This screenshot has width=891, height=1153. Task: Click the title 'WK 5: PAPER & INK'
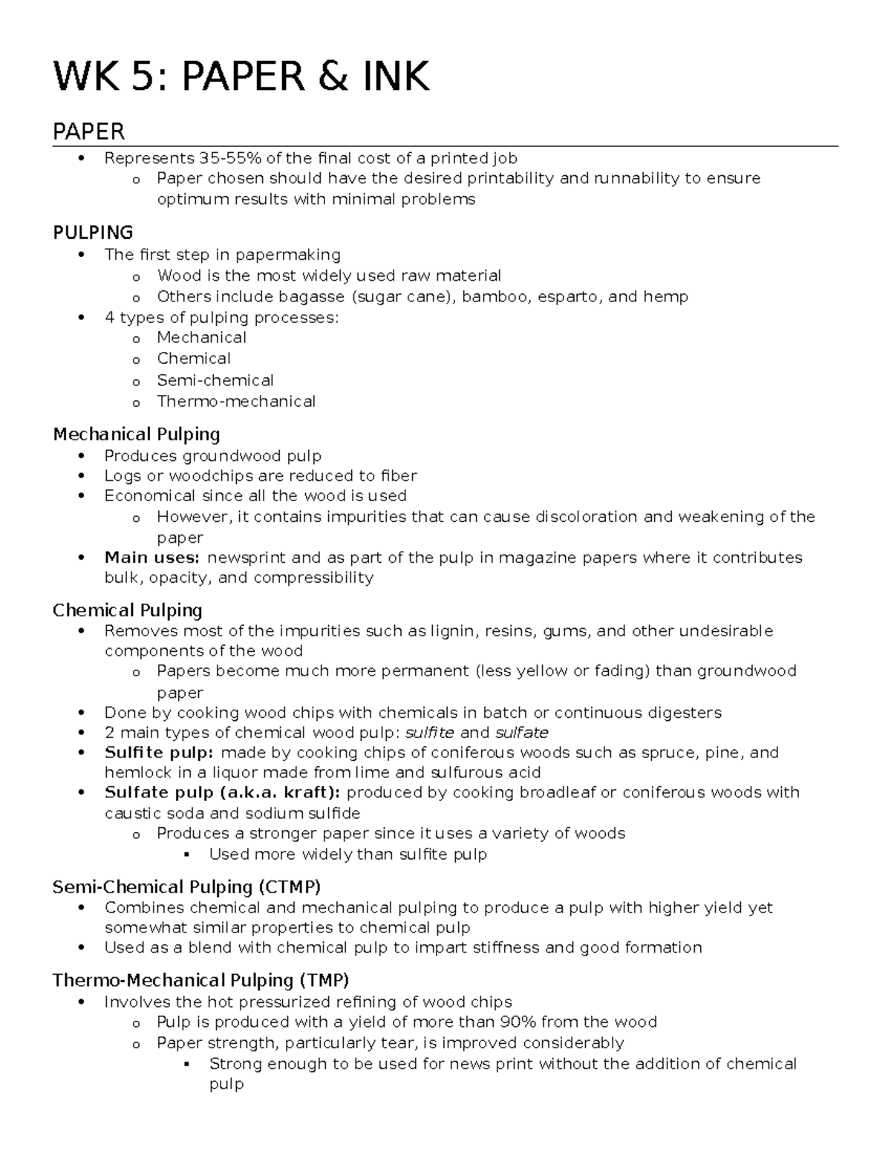tap(241, 77)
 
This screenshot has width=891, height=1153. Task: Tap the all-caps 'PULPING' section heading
tap(93, 232)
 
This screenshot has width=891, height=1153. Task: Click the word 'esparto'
tap(568, 297)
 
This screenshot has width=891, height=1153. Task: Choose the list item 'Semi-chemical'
tap(215, 380)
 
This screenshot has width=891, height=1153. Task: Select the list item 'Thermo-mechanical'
tap(235, 402)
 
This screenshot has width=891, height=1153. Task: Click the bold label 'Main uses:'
tap(152, 558)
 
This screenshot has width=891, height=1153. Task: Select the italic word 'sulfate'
tap(521, 733)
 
